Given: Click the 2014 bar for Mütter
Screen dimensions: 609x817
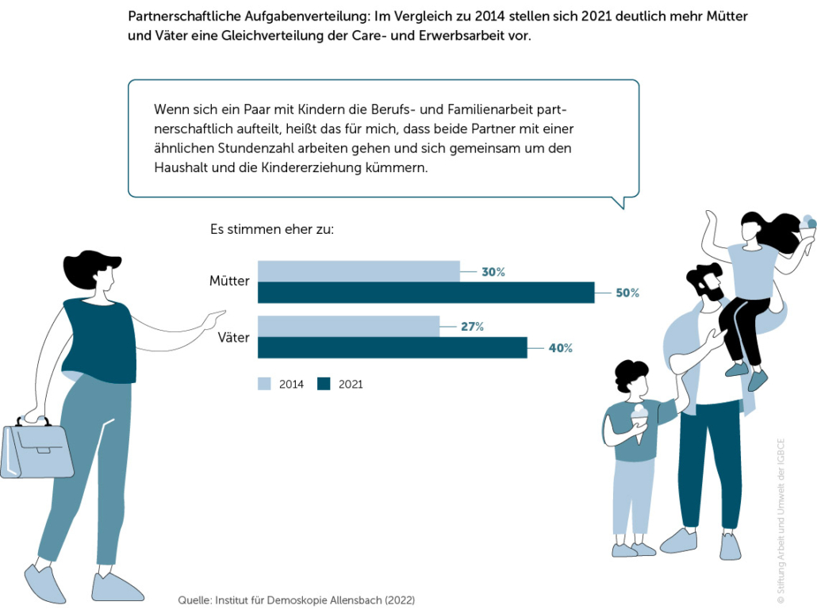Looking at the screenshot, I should coord(359,271).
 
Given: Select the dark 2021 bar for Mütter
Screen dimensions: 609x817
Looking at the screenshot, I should coord(426,293).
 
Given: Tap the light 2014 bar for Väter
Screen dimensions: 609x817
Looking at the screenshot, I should coord(348,326).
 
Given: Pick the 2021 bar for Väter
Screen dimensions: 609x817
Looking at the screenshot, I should coord(392,347).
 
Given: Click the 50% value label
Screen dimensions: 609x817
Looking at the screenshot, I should coord(627,293).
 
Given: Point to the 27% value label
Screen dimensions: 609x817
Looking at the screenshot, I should coord(472,326).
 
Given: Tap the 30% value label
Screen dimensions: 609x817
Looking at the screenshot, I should coord(493,272).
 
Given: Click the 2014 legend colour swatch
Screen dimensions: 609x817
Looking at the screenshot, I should coord(264,384).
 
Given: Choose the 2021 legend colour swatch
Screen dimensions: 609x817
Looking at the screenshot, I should coord(323,384).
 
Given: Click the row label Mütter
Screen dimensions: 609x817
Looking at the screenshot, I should coord(229,281).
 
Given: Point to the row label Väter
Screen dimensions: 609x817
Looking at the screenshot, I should coord(233,337).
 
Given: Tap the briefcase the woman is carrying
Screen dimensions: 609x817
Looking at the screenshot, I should coord(36,449).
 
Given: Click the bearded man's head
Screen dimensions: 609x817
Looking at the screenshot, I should coord(704,282).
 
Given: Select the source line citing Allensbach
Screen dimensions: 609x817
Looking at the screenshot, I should coord(296,600).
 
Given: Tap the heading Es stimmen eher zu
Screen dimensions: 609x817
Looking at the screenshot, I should coord(271,230).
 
